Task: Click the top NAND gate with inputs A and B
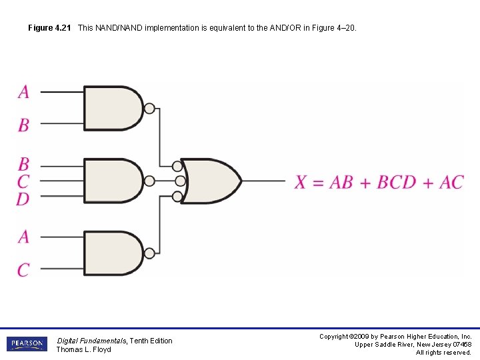coord(112,108)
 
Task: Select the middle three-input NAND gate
coord(112,181)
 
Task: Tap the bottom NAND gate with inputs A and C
coord(112,253)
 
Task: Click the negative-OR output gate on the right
coord(212,181)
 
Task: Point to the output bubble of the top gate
coord(149,108)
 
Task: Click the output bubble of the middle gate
coord(149,181)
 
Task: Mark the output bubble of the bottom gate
coord(149,253)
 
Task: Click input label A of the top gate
coord(23,91)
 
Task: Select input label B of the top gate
coord(23,125)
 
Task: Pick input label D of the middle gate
coord(23,198)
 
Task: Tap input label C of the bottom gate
coord(23,270)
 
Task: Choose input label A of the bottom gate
coord(23,237)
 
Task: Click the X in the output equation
coord(301,182)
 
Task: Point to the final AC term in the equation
coord(451,182)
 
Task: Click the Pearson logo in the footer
coord(27,344)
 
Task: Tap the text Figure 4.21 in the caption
coord(49,29)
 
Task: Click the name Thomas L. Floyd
coord(83,349)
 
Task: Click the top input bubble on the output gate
coord(177,166)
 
